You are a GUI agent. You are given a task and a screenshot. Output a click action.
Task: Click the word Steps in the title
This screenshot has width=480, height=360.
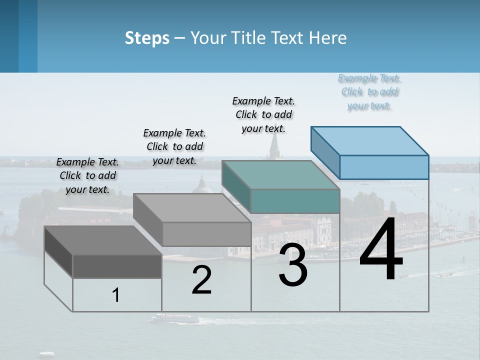(147, 38)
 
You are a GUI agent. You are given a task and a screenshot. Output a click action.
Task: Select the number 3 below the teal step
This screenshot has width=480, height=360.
(293, 264)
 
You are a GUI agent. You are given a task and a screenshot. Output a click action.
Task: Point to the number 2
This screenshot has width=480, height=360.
(201, 280)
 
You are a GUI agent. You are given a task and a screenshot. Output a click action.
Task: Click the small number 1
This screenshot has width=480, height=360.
(116, 295)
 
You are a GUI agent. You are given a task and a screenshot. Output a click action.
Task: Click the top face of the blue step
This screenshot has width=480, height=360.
(370, 141)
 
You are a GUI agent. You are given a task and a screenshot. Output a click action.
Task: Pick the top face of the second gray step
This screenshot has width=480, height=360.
(192, 208)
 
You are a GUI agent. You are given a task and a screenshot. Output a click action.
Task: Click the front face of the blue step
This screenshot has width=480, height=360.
(384, 167)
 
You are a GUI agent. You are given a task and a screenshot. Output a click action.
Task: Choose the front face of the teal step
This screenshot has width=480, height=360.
(295, 201)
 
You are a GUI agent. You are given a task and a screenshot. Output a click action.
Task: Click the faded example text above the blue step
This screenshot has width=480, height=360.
(369, 92)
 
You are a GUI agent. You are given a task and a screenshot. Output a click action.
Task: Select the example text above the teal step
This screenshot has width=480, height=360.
(263, 114)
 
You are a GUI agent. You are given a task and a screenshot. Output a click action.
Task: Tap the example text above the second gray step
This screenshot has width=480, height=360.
(174, 146)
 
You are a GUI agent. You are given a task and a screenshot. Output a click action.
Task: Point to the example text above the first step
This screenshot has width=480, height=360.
(87, 175)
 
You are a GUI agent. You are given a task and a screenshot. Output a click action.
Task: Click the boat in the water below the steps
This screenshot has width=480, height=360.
(175, 318)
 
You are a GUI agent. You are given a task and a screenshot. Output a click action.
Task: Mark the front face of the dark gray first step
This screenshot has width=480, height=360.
(117, 266)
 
